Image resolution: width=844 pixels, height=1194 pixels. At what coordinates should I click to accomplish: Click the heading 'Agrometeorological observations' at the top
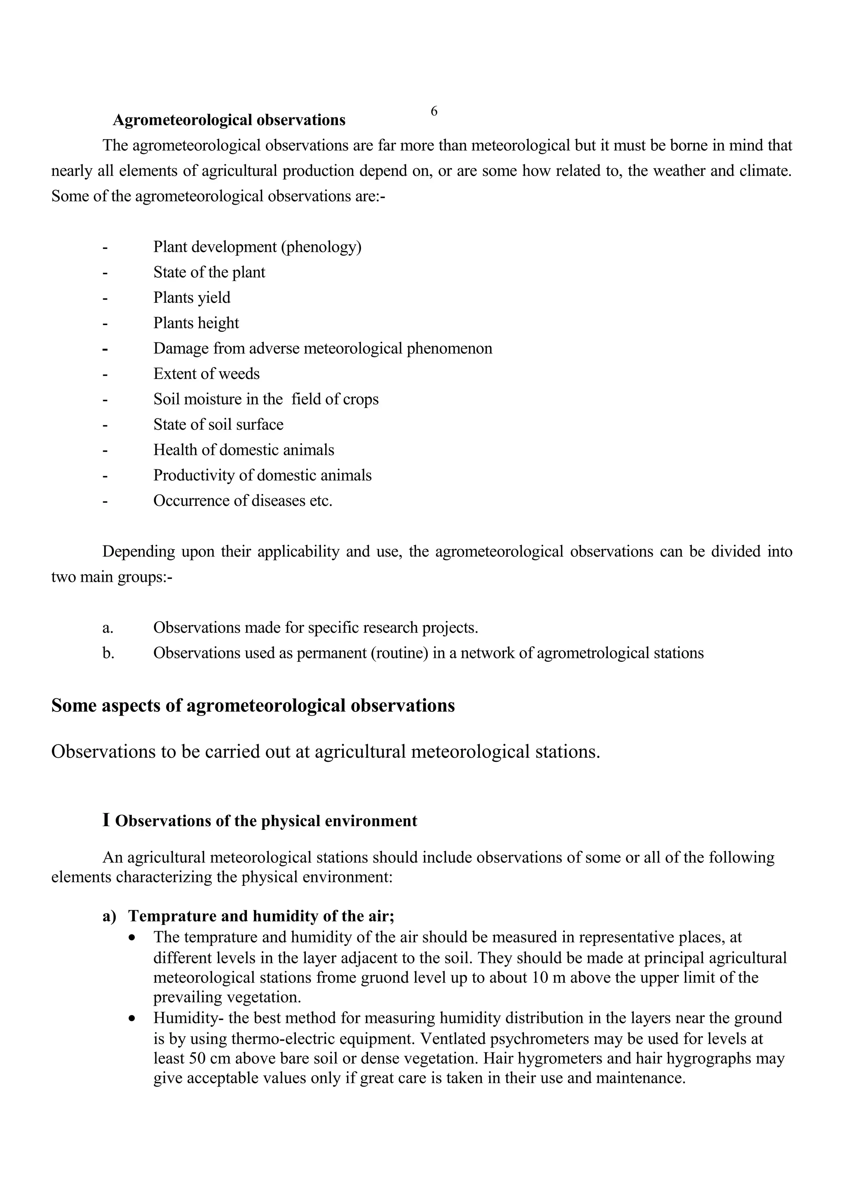(x=229, y=120)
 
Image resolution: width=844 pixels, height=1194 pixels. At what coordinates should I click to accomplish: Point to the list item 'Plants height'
(x=196, y=323)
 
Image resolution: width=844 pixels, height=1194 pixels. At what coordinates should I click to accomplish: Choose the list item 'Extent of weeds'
(x=206, y=374)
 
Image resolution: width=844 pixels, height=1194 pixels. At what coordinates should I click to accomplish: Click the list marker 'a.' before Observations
(x=108, y=628)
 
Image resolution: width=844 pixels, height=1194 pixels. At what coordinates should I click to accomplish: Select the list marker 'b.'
(x=108, y=653)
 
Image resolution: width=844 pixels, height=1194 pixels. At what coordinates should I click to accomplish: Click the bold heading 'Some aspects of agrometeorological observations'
(x=253, y=706)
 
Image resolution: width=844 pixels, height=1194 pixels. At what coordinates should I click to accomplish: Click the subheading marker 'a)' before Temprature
(x=109, y=916)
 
